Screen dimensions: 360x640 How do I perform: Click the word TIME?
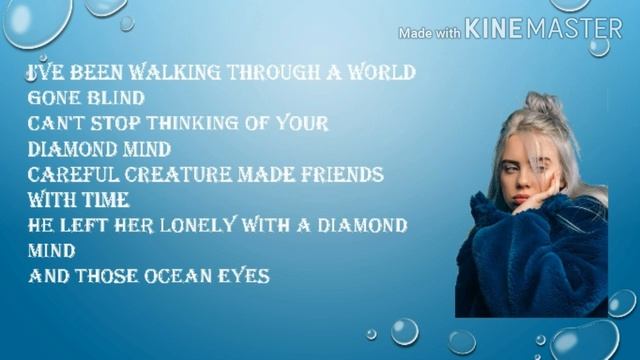[x=98, y=199]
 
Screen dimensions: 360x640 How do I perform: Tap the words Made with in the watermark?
[x=429, y=33]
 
